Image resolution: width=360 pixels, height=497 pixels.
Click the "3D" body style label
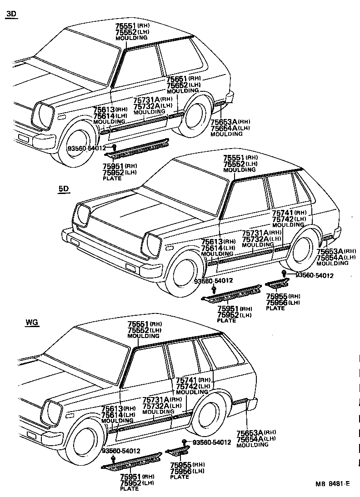point(11,15)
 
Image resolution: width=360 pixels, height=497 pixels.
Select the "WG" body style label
point(32,323)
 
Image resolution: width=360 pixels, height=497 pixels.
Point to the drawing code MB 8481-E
point(332,484)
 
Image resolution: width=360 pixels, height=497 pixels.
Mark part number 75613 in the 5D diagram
point(211,242)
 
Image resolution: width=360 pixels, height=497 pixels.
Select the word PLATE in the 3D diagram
point(112,179)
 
